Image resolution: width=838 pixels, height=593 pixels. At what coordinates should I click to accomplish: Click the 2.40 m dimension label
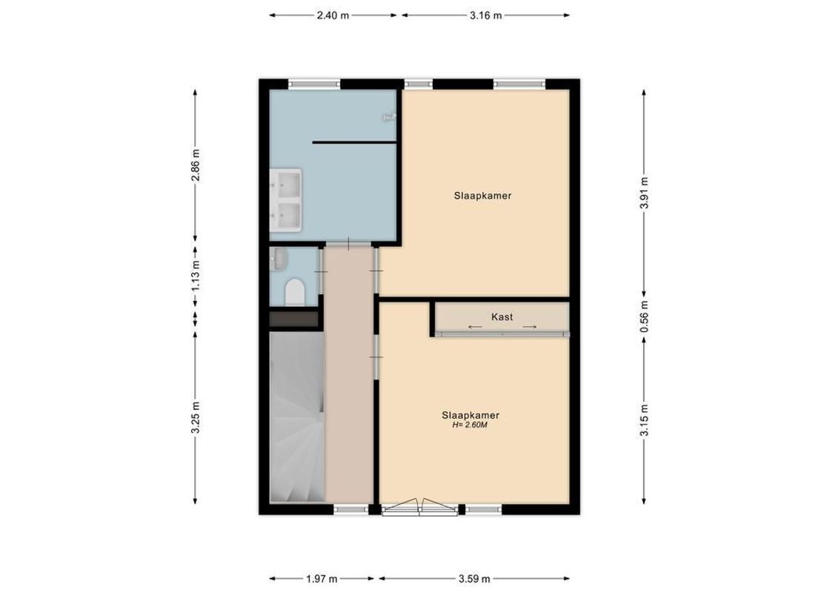(333, 15)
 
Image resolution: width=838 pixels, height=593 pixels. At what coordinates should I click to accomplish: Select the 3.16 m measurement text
(486, 15)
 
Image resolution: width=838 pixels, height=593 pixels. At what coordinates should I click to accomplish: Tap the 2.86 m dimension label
(196, 165)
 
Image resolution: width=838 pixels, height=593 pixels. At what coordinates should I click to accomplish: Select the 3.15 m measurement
(644, 420)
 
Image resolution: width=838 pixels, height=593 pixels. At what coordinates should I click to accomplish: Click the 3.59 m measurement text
(474, 579)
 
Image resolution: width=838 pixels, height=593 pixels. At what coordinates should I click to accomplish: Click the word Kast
(502, 317)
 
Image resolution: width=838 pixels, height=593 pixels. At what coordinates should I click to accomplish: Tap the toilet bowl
(294, 292)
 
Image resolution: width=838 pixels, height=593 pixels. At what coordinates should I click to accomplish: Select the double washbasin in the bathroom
(286, 199)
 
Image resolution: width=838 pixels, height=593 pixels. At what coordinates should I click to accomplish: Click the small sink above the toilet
(279, 259)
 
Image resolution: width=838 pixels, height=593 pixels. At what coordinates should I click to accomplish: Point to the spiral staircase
(296, 419)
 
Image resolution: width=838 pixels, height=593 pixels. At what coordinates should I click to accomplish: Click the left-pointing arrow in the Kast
(473, 327)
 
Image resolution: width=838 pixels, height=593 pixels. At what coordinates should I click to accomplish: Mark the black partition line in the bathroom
(355, 142)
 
